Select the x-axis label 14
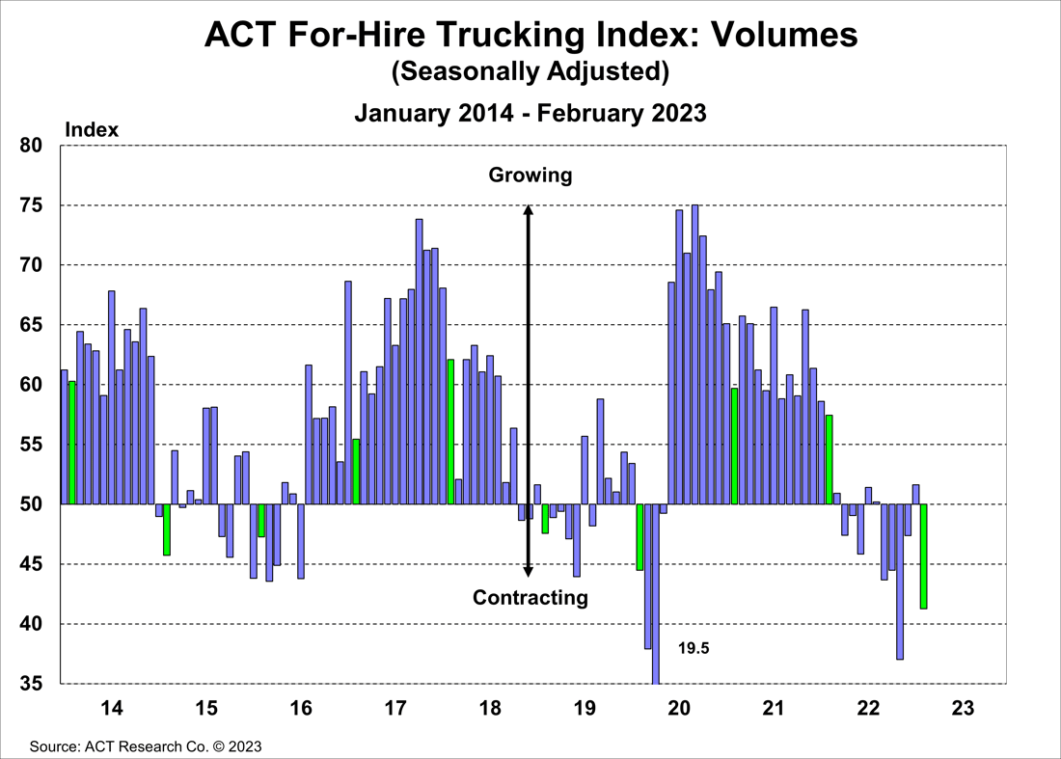112,709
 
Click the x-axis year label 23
963,709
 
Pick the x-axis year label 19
585,709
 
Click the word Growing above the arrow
530,176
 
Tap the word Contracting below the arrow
530,598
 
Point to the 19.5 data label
694,649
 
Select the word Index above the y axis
92,129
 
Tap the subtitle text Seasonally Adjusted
530,71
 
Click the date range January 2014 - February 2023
530,113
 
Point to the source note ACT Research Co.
145,746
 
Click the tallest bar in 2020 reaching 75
694,354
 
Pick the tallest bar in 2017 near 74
420,362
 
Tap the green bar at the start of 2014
72,443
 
